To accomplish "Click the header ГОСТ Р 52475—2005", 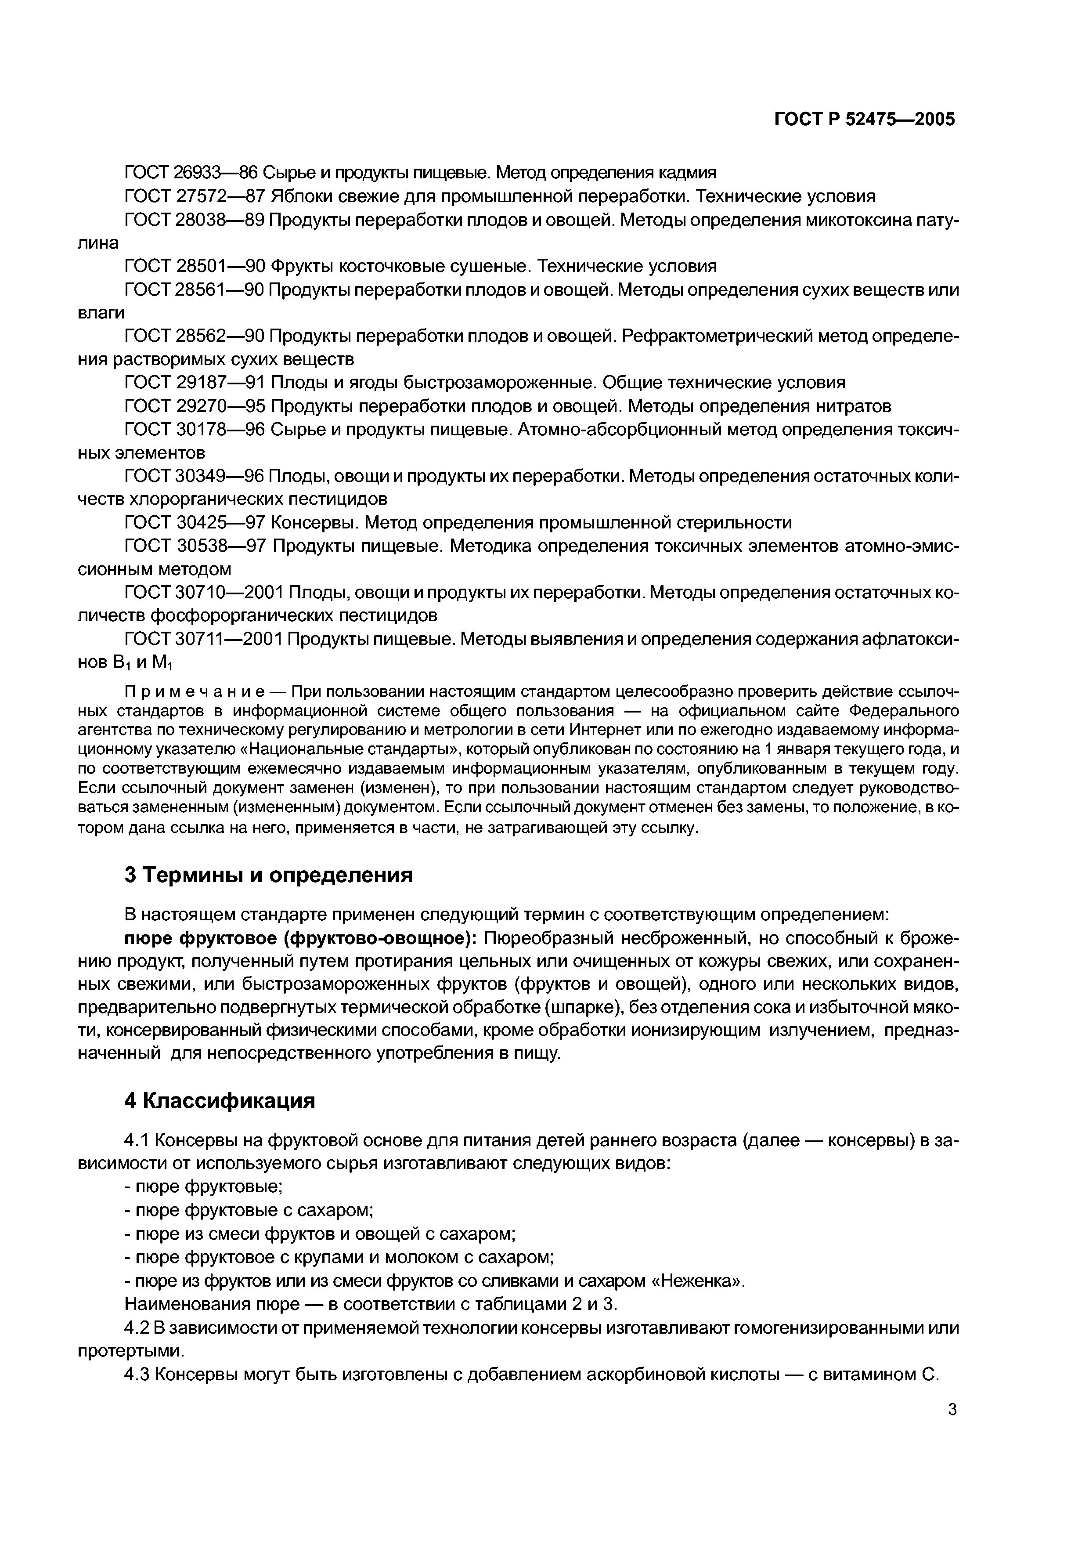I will (864, 119).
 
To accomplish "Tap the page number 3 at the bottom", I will (952, 1410).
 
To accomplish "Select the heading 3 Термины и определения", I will (268, 875).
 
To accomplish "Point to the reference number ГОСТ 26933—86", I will (191, 173).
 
